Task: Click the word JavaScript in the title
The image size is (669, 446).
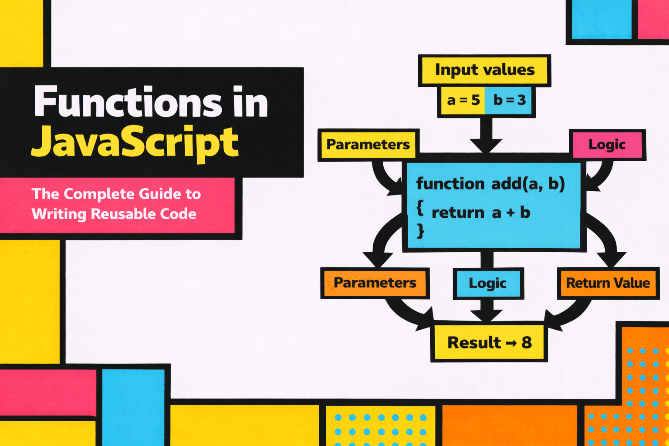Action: [135, 142]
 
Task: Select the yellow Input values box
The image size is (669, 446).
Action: [484, 70]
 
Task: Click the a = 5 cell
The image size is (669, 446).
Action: [463, 101]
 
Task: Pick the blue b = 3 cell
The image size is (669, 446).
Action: [509, 101]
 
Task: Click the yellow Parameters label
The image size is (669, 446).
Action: [368, 145]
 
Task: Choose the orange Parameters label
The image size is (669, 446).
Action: [375, 283]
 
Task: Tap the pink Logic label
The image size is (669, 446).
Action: [607, 145]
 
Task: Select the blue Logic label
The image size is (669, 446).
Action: [487, 284]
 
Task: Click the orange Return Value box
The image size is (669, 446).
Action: [608, 284]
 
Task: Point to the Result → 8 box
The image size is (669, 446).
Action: [489, 343]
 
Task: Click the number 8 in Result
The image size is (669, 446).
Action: [527, 343]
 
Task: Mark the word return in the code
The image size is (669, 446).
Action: [458, 213]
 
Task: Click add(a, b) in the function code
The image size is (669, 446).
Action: [528, 184]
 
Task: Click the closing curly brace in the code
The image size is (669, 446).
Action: [420, 231]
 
